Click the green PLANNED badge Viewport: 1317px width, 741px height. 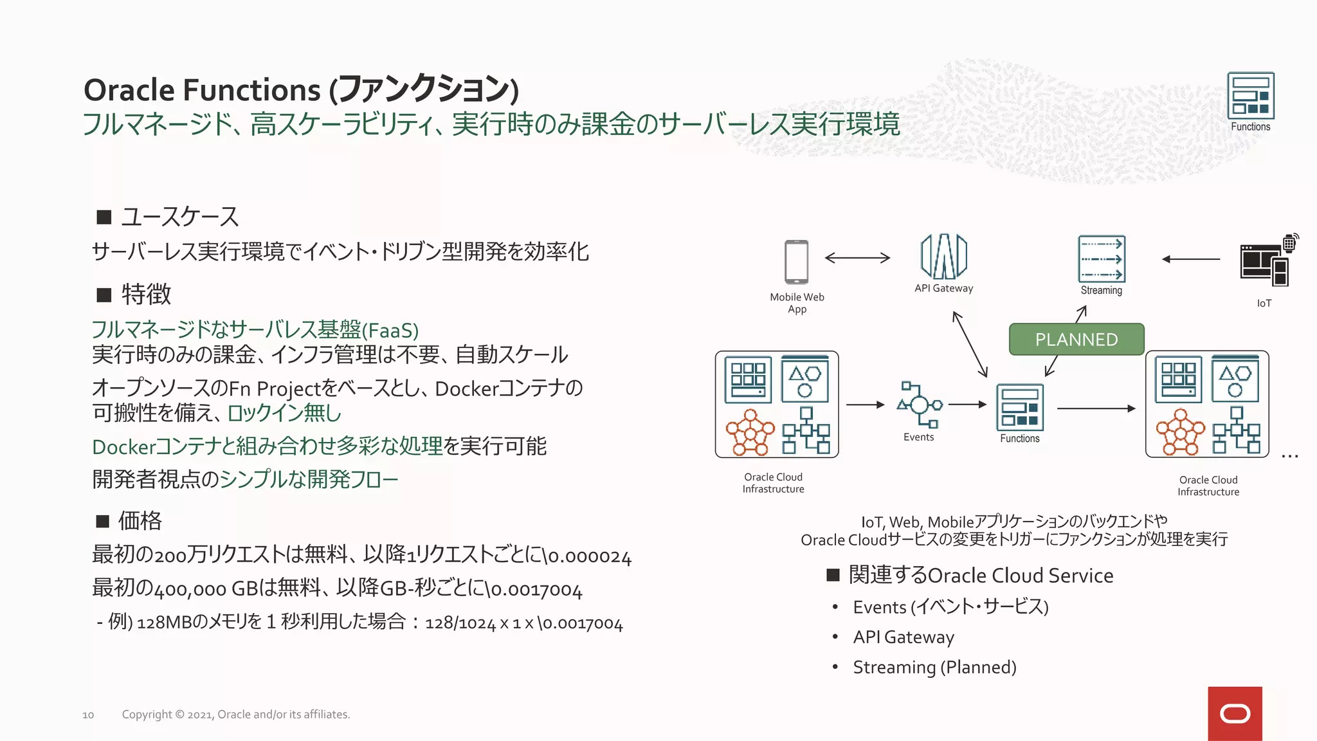(1076, 340)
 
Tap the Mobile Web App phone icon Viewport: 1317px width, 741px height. (797, 262)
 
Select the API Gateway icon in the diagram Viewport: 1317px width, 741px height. (943, 256)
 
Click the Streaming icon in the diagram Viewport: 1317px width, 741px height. (1102, 259)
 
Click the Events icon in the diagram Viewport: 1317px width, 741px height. (919, 405)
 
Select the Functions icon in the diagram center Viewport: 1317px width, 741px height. (1020, 407)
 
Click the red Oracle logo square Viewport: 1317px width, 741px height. (1235, 713)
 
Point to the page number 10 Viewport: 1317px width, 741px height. (88, 715)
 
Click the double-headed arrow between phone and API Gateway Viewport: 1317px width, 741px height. (857, 258)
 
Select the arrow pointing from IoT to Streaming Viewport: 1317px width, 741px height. (1191, 259)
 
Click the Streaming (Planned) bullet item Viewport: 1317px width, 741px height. (934, 668)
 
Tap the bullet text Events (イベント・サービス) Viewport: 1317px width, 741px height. (950, 607)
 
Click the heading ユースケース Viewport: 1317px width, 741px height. (180, 217)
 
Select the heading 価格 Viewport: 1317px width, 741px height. (140, 520)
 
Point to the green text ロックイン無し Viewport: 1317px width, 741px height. (284, 413)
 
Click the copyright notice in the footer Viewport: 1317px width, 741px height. (236, 715)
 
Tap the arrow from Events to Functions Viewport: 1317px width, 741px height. (967, 405)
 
